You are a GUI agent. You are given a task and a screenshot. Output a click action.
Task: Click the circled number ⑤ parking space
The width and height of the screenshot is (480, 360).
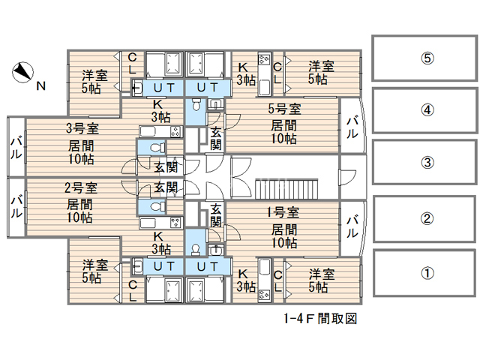pos(425,58)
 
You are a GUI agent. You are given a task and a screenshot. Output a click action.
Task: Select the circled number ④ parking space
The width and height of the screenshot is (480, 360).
pos(425,109)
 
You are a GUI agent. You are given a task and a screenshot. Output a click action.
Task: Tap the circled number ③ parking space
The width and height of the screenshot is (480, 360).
pos(425,163)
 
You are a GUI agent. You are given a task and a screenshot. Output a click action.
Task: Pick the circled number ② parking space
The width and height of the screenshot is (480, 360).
pos(425,219)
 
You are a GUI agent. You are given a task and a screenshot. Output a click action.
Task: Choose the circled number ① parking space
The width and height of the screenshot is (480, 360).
pos(425,273)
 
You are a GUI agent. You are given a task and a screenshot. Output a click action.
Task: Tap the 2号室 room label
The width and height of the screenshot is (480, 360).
pos(80,187)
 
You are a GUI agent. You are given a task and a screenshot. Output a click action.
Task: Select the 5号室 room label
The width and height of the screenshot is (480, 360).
pos(285,109)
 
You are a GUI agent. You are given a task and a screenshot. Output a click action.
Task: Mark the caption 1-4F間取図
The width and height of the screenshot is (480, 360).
pos(319,318)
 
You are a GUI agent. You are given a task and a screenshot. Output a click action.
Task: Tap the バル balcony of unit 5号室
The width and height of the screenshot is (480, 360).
pos(351,127)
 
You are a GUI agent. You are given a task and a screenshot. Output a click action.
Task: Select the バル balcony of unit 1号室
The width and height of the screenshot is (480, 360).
pos(351,227)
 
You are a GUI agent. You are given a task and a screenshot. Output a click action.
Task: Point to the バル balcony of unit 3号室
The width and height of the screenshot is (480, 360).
pos(16,148)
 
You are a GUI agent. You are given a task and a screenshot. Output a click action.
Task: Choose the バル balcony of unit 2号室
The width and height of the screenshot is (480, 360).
pos(16,205)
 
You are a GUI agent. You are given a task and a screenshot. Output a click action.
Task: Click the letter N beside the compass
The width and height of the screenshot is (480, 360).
pos(41,85)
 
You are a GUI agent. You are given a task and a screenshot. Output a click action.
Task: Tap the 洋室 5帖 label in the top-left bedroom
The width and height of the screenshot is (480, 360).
pos(94,82)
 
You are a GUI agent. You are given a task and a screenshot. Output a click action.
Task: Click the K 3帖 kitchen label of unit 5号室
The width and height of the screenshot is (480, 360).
pos(244,73)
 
